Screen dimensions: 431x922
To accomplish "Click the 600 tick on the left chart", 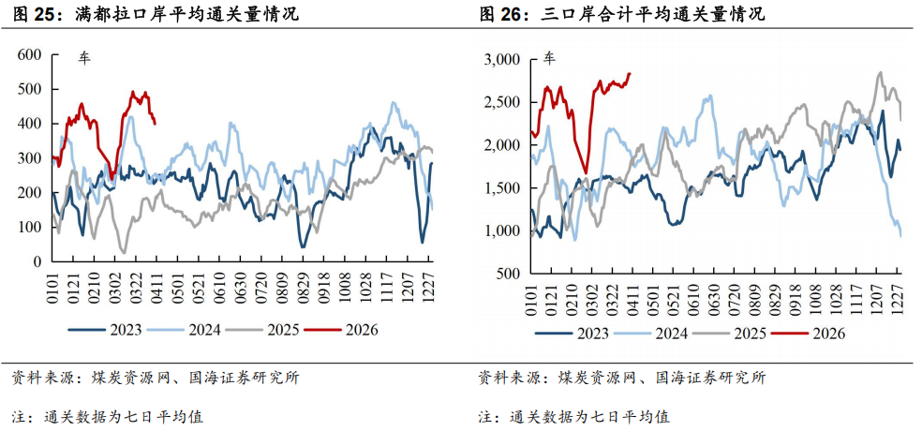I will tap(29, 55).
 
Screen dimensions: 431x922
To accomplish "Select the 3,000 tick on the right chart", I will tap(502, 60).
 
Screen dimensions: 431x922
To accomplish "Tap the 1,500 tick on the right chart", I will tap(502, 188).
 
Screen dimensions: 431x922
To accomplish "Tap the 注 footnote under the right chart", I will tap(486, 416).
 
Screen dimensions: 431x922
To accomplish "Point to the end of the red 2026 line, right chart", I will tap(630, 74).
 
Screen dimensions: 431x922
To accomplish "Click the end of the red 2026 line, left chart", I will tap(155, 122).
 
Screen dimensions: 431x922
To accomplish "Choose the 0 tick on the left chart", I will tap(38, 261).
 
